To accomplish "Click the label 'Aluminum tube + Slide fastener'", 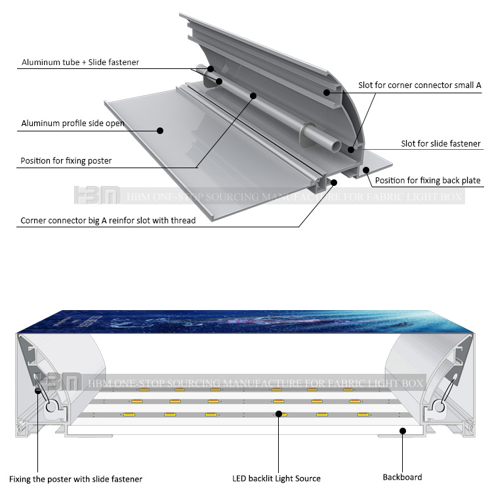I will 80,62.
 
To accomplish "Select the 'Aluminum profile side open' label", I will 73,123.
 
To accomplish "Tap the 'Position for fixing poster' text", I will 66,160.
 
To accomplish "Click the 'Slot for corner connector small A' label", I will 420,85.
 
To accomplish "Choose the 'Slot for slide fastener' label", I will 441,143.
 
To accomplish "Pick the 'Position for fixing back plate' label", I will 428,180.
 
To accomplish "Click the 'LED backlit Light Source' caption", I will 276,478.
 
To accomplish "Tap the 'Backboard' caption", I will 402,477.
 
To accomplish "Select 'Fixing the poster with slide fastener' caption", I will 75,479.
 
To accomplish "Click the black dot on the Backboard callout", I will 403,431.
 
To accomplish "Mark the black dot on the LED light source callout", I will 278,414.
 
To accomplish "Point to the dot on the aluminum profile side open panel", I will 160,130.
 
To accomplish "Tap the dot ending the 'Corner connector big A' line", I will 334,181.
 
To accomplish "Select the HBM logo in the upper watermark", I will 96,196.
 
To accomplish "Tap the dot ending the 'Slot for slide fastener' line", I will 352,150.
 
